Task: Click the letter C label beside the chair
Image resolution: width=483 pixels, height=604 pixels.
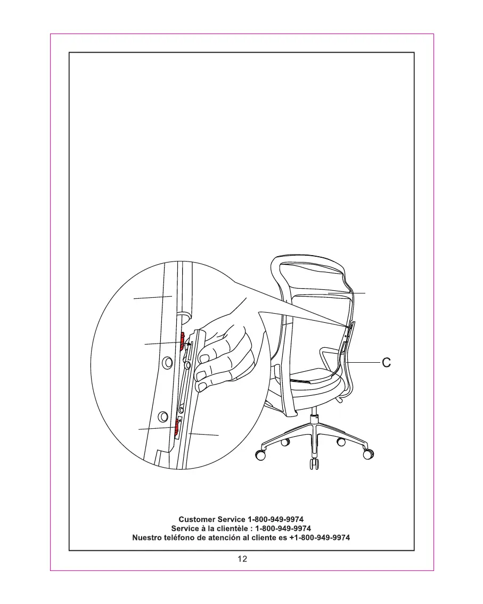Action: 387,363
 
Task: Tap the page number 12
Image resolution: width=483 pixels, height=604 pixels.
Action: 242,559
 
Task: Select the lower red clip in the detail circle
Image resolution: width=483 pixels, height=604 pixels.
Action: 175,426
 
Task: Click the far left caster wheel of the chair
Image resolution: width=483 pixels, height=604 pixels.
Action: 260,455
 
